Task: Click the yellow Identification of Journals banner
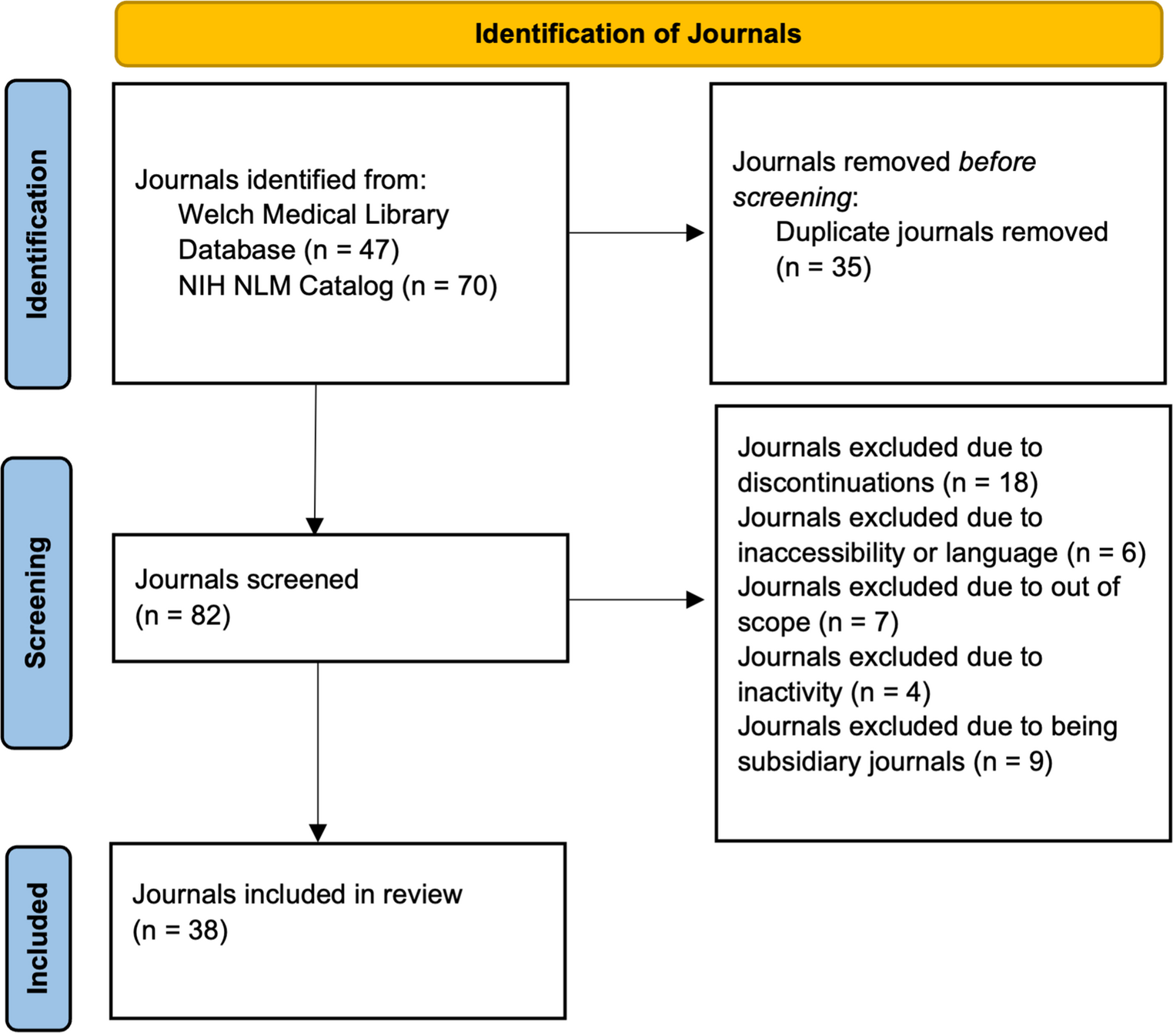point(638,35)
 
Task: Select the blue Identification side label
point(38,234)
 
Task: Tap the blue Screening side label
point(37,603)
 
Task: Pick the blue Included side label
point(38,938)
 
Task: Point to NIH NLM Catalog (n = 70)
point(337,286)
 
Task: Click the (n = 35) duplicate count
point(823,268)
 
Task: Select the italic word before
point(997,162)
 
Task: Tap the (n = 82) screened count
point(183,616)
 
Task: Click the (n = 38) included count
point(180,931)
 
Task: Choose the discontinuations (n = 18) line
point(887,483)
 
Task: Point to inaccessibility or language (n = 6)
point(941,553)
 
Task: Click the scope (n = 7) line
point(817,622)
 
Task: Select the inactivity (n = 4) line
point(834,692)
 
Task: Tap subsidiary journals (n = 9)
point(894,762)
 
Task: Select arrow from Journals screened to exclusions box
point(636,600)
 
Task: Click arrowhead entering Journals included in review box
point(318,833)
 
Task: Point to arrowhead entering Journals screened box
point(315,525)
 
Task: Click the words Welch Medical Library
point(313,215)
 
